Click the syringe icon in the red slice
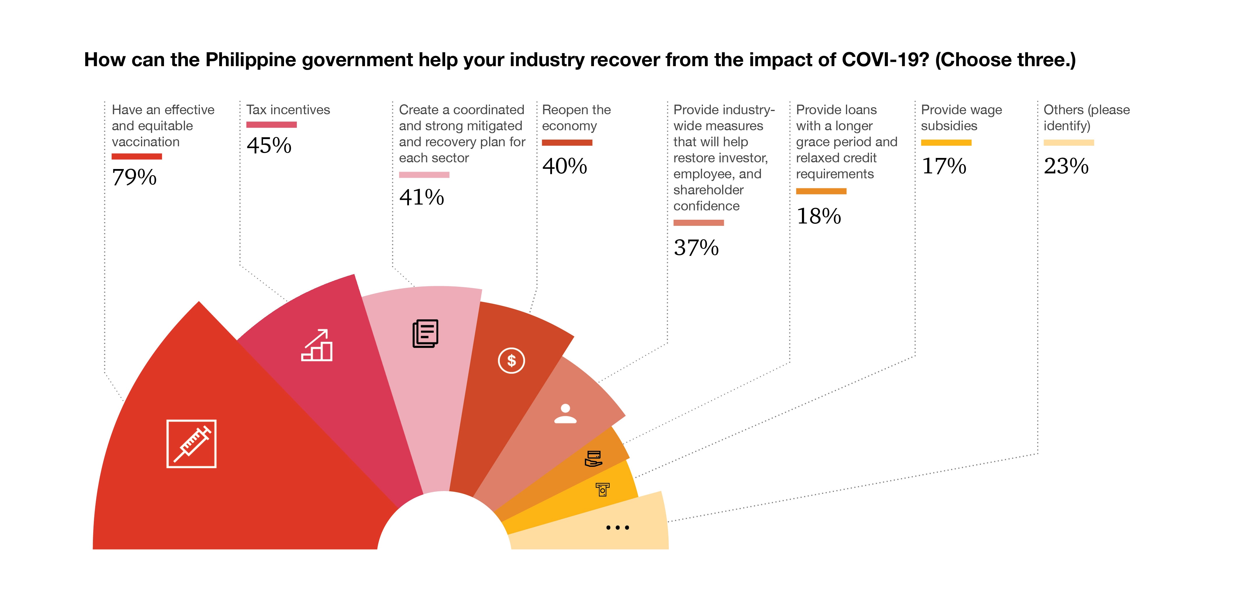point(191,444)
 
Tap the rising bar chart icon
point(317,345)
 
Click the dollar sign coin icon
point(511,360)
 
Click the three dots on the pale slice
point(618,527)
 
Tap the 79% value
point(134,177)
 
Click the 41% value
point(422,197)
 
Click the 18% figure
point(819,216)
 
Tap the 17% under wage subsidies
point(944,166)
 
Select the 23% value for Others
point(1066,166)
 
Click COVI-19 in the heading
point(885,60)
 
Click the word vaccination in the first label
point(146,142)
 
